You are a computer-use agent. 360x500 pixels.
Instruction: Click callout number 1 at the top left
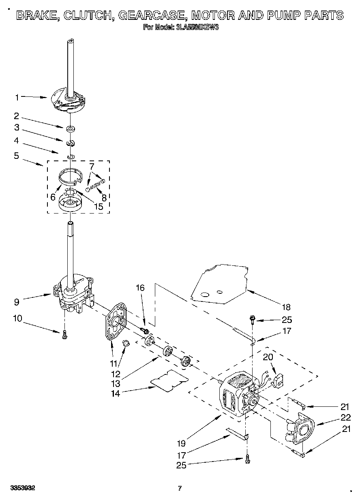pos(17,97)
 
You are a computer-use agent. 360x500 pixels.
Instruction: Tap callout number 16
pos(140,288)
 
